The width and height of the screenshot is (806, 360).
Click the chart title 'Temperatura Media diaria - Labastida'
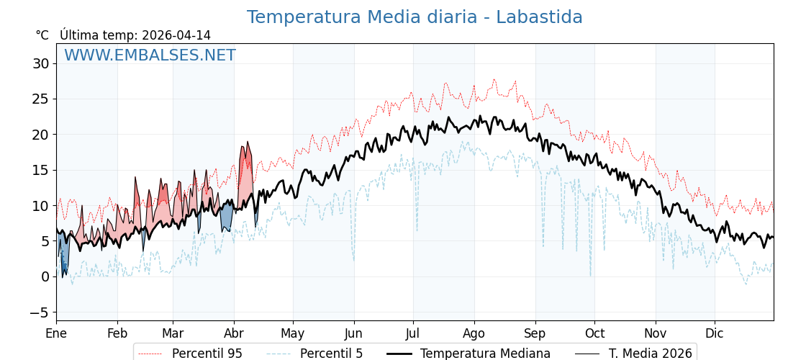tap(415, 17)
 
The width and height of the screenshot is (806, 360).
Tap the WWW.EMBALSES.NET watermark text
tap(150, 55)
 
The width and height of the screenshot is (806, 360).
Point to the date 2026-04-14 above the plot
tap(176, 35)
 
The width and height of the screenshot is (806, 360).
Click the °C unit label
tap(42, 35)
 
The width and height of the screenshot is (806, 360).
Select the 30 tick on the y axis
tap(40, 63)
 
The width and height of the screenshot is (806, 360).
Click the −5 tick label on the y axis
tap(39, 312)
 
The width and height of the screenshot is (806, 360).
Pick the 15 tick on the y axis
tap(40, 170)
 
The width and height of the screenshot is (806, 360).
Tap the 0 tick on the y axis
tap(45, 276)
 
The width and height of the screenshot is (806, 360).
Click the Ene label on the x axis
tap(56, 333)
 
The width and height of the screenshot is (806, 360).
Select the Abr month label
tap(234, 333)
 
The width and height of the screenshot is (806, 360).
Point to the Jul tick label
tap(413, 333)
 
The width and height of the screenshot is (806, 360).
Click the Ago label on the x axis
tap(474, 333)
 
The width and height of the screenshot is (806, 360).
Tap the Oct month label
tap(594, 333)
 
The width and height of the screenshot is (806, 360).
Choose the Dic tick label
tap(715, 333)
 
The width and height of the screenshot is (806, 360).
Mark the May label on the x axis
tap(293, 333)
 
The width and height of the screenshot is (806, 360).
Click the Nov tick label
tap(656, 333)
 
